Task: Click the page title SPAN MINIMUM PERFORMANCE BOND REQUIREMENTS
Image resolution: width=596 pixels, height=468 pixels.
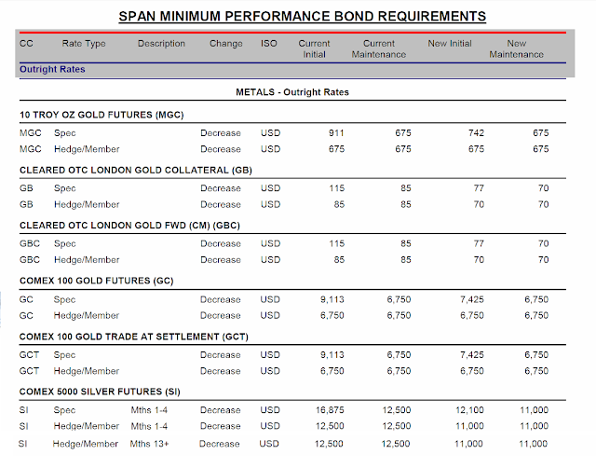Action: [x=303, y=16]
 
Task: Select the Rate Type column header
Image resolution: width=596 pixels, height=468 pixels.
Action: [x=84, y=44]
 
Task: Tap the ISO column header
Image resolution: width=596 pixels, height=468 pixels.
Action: [x=269, y=44]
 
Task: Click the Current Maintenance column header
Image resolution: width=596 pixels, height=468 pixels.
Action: [x=378, y=48]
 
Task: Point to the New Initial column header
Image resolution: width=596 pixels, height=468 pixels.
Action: [x=450, y=44]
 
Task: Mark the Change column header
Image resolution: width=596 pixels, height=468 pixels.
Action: [x=225, y=44]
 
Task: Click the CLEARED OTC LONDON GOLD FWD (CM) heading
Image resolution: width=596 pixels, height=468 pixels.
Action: [x=125, y=225]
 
